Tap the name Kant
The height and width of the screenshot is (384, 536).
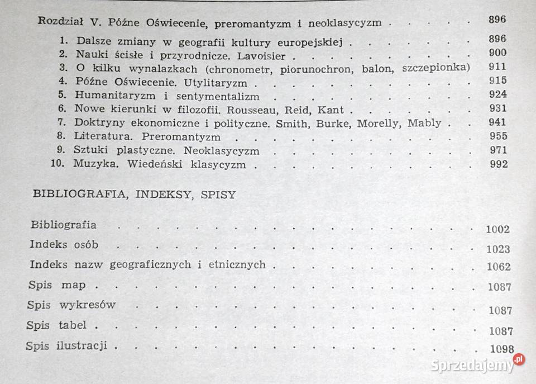click(332, 110)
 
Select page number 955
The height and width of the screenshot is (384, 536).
click(497, 136)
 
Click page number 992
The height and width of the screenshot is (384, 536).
click(497, 164)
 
